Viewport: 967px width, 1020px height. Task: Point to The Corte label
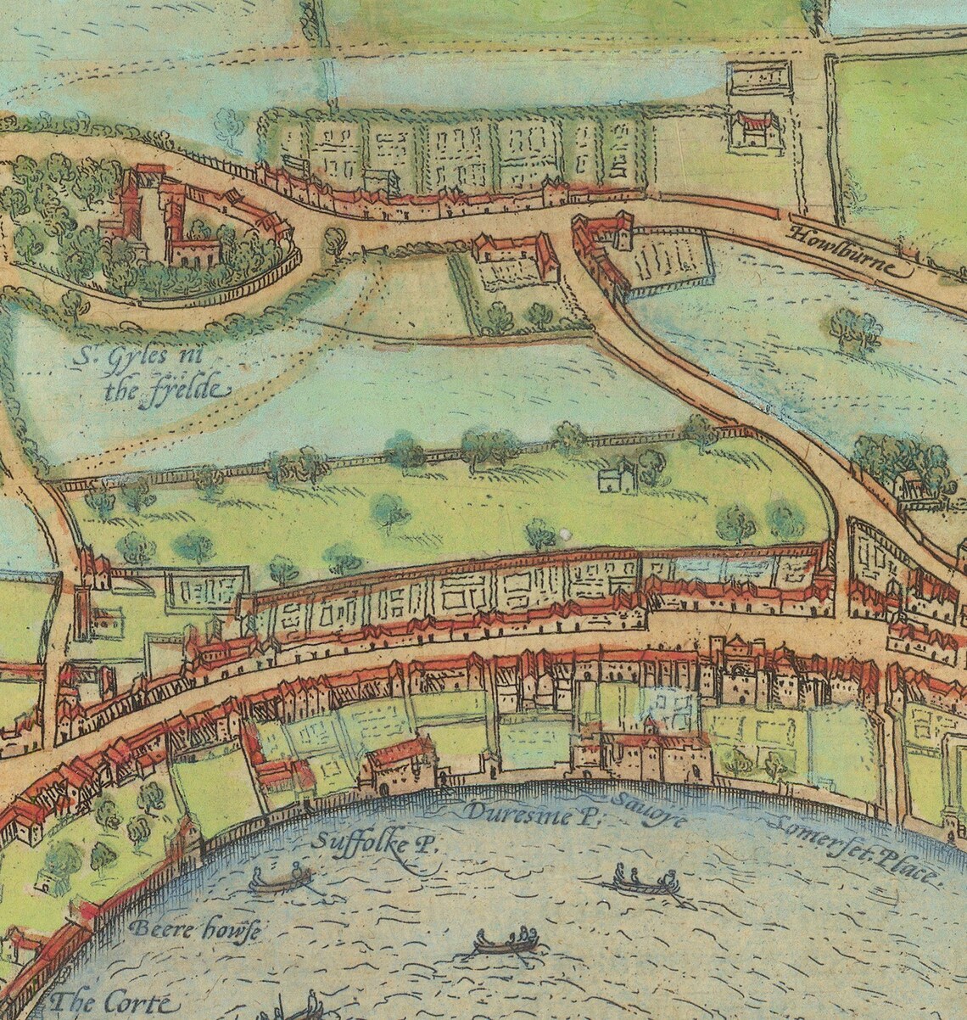[110, 1003]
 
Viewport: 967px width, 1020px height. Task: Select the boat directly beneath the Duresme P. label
[507, 942]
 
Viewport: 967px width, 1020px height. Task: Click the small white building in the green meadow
[617, 477]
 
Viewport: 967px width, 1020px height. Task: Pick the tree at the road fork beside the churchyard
[335, 242]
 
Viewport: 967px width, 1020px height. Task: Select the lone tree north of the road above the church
[227, 126]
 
